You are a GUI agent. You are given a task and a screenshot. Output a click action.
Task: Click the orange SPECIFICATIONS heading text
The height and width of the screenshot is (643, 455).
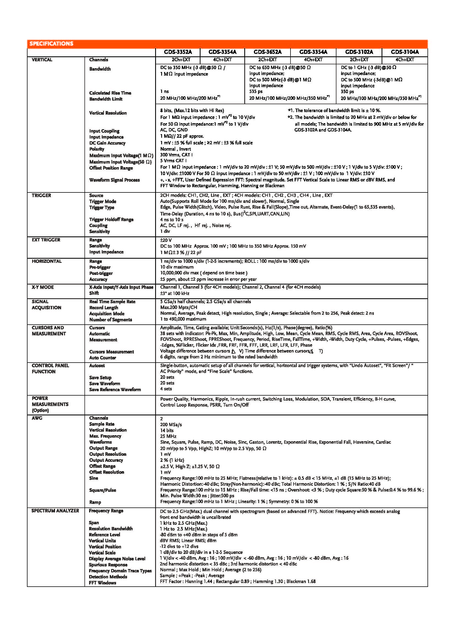(x=51, y=44)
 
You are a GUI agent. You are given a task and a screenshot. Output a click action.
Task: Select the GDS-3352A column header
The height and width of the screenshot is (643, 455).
(x=178, y=52)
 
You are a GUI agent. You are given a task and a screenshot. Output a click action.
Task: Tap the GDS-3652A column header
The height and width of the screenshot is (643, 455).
(x=267, y=52)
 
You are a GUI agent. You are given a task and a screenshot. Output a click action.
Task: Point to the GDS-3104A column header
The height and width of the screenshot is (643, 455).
(x=405, y=52)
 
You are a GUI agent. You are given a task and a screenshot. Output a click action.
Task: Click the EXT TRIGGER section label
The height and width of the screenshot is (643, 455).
(x=46, y=240)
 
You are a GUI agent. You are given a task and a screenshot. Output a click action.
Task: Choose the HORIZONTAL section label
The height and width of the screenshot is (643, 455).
(x=46, y=261)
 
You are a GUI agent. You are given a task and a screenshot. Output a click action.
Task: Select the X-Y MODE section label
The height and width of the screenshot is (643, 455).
(x=43, y=287)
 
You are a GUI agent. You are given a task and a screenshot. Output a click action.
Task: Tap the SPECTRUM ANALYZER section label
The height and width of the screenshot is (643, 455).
(x=55, y=510)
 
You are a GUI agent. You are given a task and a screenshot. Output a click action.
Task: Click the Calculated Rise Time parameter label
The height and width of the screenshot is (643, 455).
(x=110, y=93)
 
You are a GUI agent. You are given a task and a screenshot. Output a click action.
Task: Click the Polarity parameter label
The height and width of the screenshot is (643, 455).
(x=97, y=149)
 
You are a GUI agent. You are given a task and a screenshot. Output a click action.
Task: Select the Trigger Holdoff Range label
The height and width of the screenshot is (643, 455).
(x=111, y=219)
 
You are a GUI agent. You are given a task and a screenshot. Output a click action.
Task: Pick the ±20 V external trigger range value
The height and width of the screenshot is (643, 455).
(x=166, y=240)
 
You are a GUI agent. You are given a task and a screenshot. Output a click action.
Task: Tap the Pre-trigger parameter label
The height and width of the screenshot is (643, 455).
(x=100, y=267)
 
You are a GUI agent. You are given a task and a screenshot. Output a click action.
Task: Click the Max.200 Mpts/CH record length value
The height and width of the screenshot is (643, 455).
(x=179, y=307)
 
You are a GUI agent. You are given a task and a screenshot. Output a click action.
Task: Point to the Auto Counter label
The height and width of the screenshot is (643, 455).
(x=103, y=358)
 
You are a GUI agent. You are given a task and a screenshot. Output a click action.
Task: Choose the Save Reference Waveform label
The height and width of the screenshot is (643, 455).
(x=115, y=390)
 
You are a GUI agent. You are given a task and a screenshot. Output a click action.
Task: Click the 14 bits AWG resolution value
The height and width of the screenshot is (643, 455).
(x=167, y=430)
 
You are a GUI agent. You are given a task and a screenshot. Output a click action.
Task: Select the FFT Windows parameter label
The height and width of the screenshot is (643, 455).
(x=102, y=583)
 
